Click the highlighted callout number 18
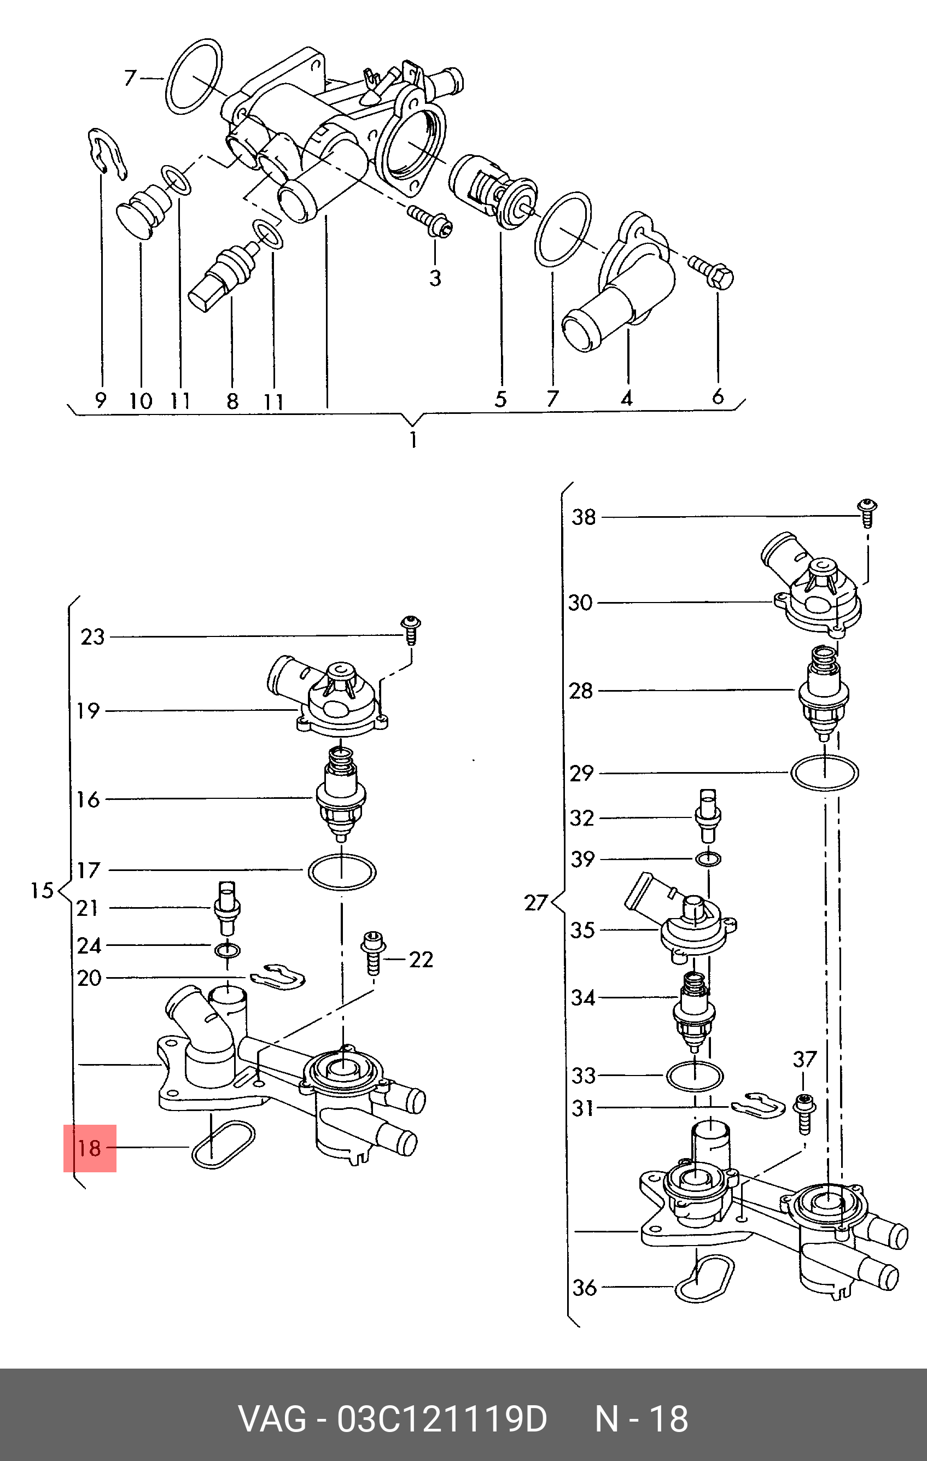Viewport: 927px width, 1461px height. point(89,1148)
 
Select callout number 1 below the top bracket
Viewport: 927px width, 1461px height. point(413,440)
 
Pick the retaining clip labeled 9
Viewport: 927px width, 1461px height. point(108,154)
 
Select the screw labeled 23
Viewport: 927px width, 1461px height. point(411,630)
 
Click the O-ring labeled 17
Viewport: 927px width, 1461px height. point(342,872)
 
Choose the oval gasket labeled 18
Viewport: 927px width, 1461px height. point(223,1144)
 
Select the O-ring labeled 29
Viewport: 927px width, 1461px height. point(825,773)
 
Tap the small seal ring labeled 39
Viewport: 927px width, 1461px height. point(709,858)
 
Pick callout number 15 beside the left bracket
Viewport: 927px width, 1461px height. point(43,891)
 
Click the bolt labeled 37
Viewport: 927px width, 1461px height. point(804,1113)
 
